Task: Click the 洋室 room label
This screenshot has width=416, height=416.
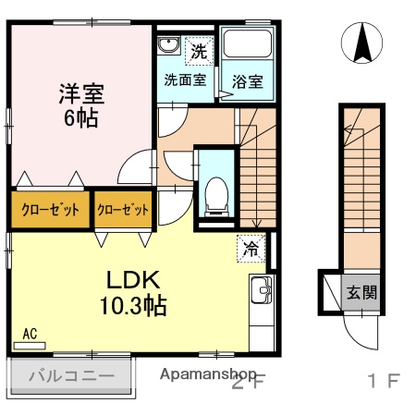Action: (82, 93)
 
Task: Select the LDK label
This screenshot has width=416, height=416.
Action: (132, 280)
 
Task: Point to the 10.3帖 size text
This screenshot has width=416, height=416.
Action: (133, 305)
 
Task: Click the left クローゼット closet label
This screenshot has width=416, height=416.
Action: (50, 210)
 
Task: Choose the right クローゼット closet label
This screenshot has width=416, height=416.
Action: (123, 210)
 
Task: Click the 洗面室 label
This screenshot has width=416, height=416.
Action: (184, 80)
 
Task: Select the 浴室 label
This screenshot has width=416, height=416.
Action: (247, 80)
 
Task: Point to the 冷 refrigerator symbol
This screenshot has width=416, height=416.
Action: (251, 248)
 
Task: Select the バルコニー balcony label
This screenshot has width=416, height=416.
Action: (71, 376)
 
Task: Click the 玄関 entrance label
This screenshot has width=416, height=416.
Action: (360, 293)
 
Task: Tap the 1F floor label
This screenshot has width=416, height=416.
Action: (382, 380)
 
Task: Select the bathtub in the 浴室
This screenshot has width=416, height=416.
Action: (247, 47)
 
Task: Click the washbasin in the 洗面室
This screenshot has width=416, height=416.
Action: (168, 47)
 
